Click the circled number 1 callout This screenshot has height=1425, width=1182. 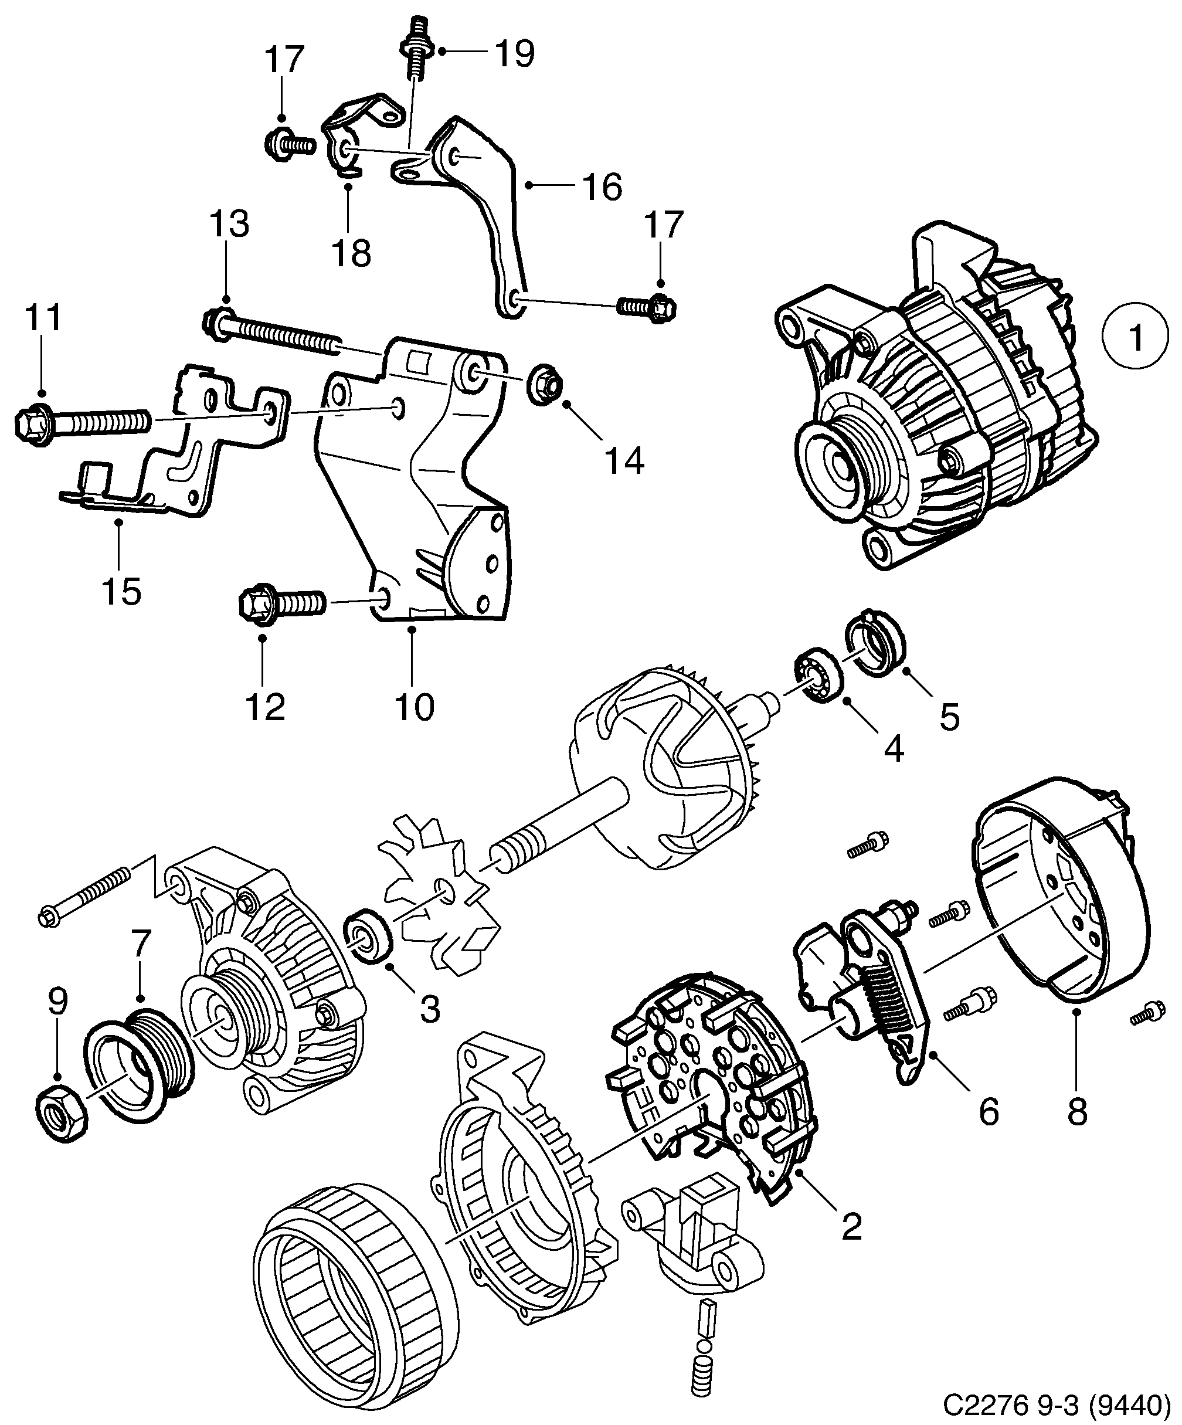coord(1136,336)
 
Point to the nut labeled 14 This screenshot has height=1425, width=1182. coord(547,388)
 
